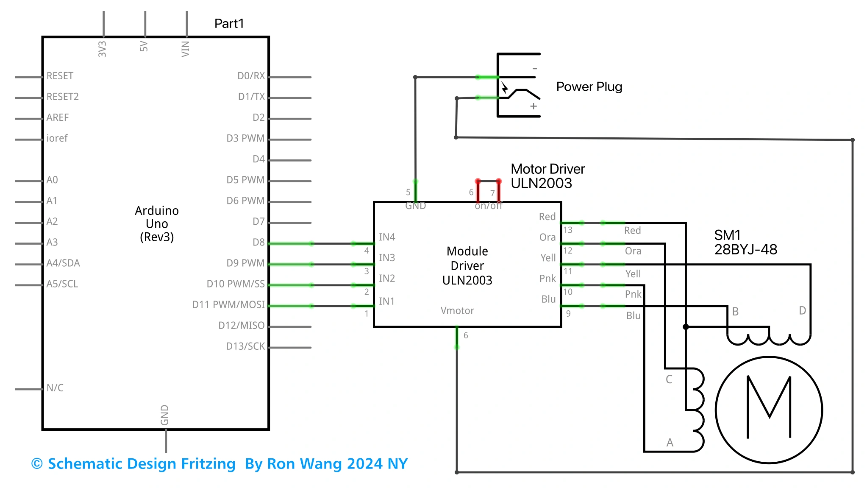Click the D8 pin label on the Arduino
click(x=258, y=242)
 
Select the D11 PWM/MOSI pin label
click(x=228, y=304)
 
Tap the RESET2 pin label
click(x=63, y=97)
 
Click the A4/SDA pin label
click(x=63, y=263)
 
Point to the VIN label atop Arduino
click(x=186, y=49)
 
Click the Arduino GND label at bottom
click(x=165, y=415)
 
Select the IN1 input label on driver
click(x=386, y=301)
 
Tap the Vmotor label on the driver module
click(x=457, y=311)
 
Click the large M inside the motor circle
click(x=769, y=407)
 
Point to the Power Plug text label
click(x=589, y=86)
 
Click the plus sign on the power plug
click(x=534, y=106)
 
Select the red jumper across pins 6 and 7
click(x=488, y=181)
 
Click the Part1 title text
click(x=229, y=23)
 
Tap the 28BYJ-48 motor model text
click(x=745, y=249)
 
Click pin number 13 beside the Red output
click(x=568, y=230)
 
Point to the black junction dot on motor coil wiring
click(x=686, y=327)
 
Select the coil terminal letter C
click(x=669, y=379)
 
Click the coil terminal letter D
click(x=802, y=310)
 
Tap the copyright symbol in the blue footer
click(x=37, y=464)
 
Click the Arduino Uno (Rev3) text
click(x=157, y=223)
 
